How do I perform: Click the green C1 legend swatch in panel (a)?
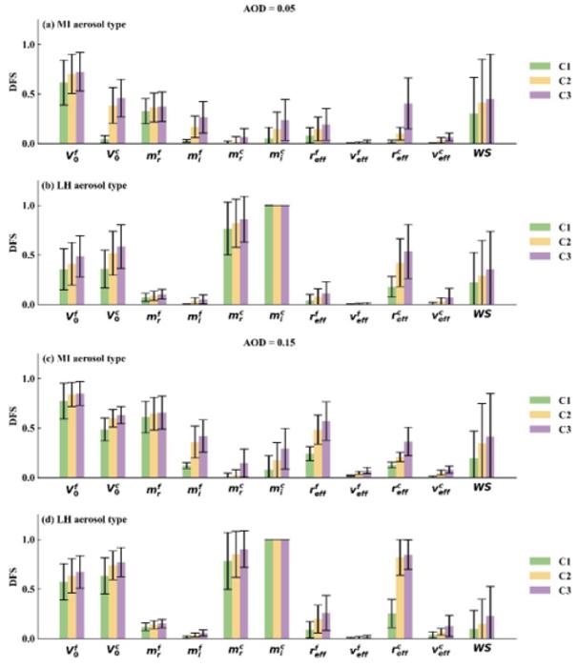click(537, 66)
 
